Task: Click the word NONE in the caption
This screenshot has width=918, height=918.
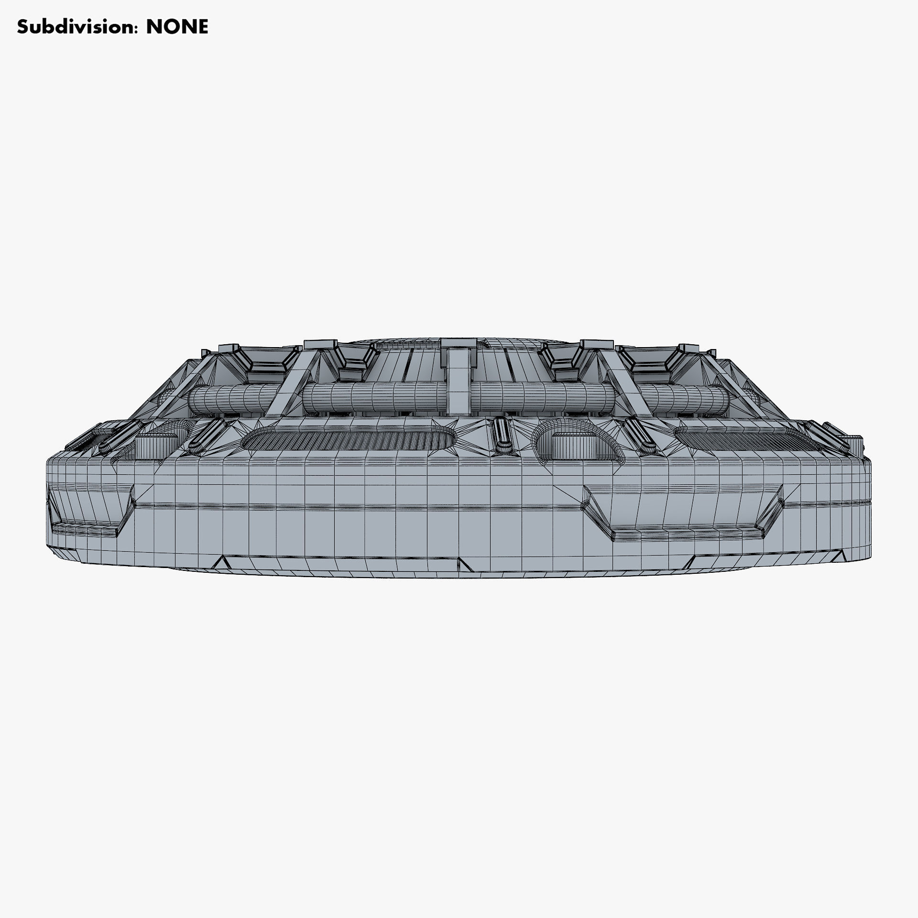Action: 177,27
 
